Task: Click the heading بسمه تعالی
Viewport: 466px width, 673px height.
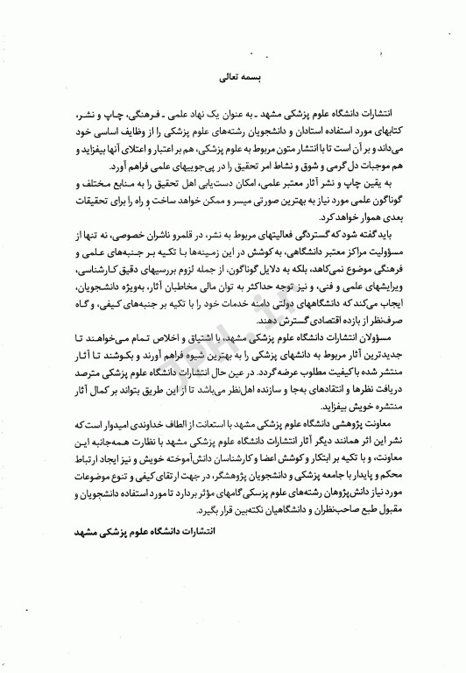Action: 233,77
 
